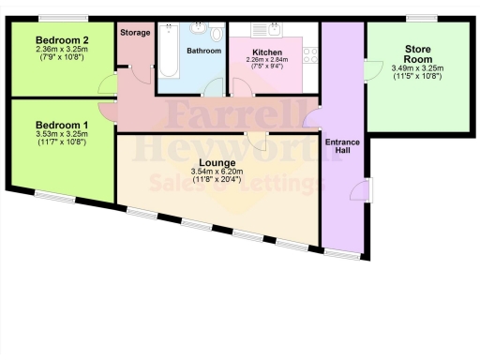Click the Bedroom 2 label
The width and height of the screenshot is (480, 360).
pos(61,40)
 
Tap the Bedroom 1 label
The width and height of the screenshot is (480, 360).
pos(61,125)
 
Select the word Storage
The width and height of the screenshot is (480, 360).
pos(135,32)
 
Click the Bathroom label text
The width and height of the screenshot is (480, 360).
pos(203,51)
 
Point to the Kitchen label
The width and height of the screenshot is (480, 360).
pos(267,52)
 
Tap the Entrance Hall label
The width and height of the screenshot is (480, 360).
pos(341,147)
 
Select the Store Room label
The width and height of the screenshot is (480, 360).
pos(418,53)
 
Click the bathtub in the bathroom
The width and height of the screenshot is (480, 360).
pos(170,54)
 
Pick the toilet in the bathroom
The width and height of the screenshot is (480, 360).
pos(217,34)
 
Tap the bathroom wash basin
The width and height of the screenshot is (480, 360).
pos(198,28)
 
